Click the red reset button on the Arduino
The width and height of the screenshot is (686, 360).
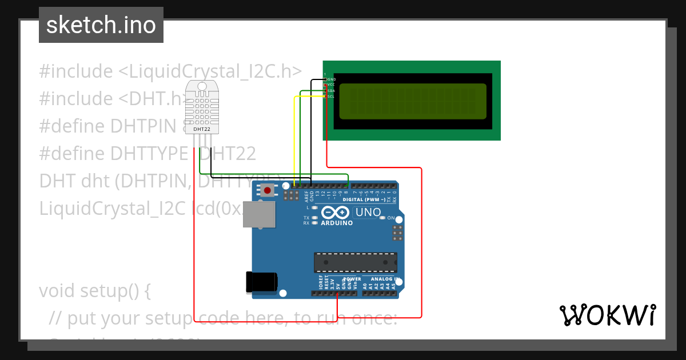click(x=266, y=190)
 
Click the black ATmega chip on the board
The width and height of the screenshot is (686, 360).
click(x=355, y=262)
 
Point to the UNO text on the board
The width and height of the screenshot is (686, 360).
click(x=368, y=213)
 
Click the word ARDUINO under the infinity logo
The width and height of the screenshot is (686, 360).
click(x=337, y=223)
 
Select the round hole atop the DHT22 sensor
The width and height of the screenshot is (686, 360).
click(x=202, y=86)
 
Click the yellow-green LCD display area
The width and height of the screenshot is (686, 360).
click(x=413, y=101)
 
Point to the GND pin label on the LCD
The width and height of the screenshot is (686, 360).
click(x=332, y=79)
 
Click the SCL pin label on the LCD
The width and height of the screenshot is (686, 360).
click(x=332, y=97)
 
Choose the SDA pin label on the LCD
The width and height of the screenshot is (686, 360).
click(x=332, y=91)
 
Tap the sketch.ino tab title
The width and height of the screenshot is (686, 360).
click(x=101, y=25)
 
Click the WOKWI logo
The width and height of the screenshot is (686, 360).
click(x=607, y=315)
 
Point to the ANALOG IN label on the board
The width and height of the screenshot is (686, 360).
click(x=381, y=278)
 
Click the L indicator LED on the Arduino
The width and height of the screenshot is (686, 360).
click(x=314, y=208)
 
